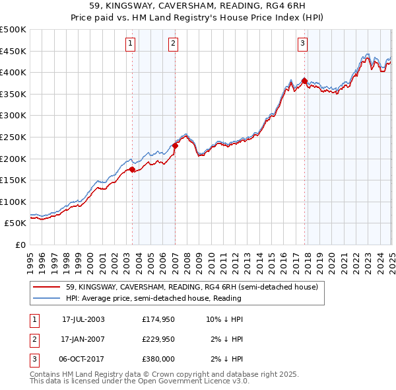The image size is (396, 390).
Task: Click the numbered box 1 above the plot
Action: click(x=130, y=44)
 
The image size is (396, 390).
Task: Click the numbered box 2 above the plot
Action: click(x=173, y=44)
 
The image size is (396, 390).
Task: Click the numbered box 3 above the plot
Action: click(x=302, y=44)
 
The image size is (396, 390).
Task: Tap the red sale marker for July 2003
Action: click(x=132, y=169)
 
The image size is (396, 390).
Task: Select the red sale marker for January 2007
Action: click(x=175, y=145)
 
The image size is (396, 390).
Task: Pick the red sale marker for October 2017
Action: click(x=304, y=81)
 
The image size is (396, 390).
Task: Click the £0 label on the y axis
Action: click(x=20, y=245)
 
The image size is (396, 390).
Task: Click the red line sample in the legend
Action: click(x=47, y=288)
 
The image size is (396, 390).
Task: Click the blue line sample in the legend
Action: click(x=47, y=298)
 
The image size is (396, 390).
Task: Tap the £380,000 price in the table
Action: click(x=158, y=359)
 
